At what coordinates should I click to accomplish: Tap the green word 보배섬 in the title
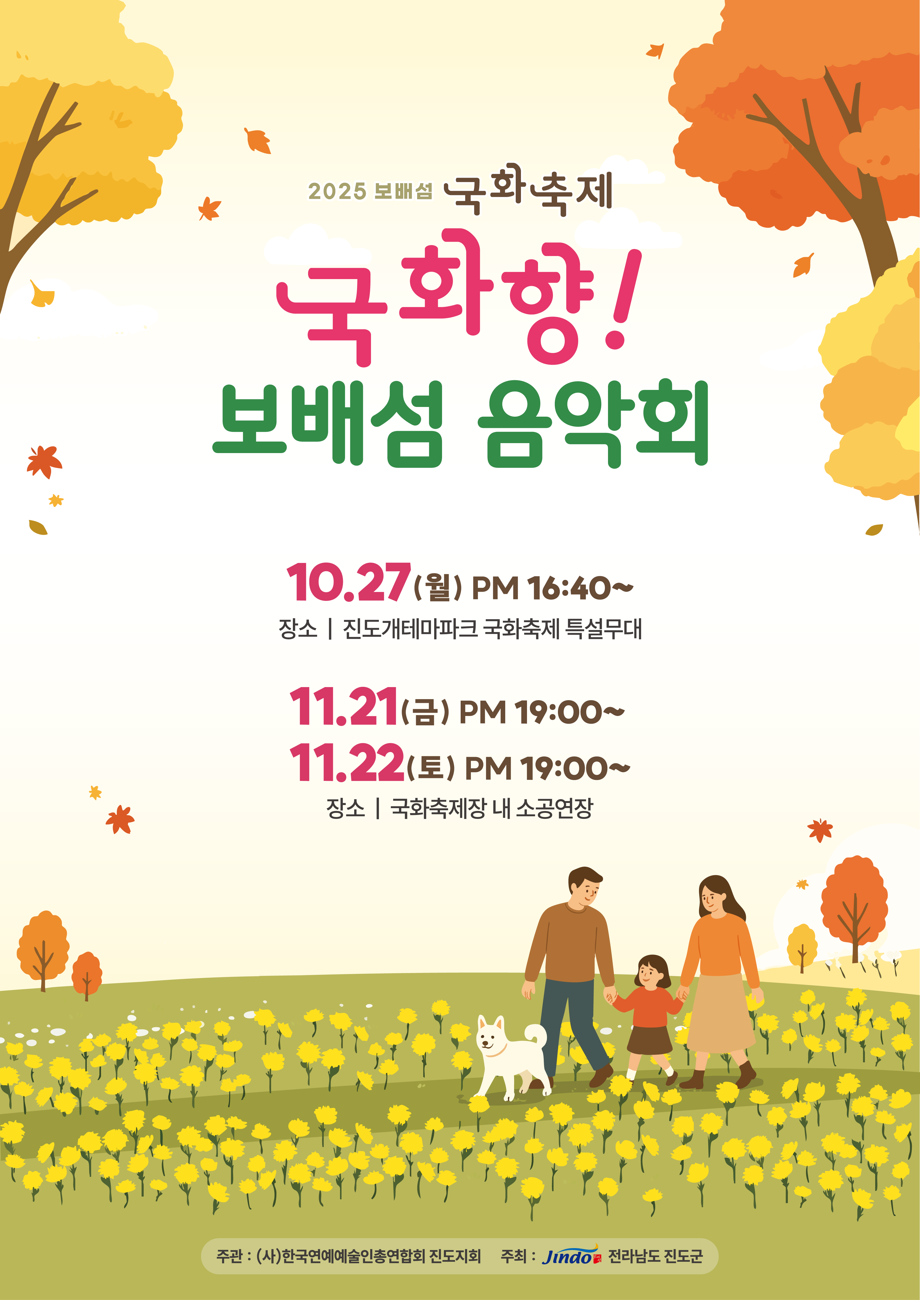click(327, 425)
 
